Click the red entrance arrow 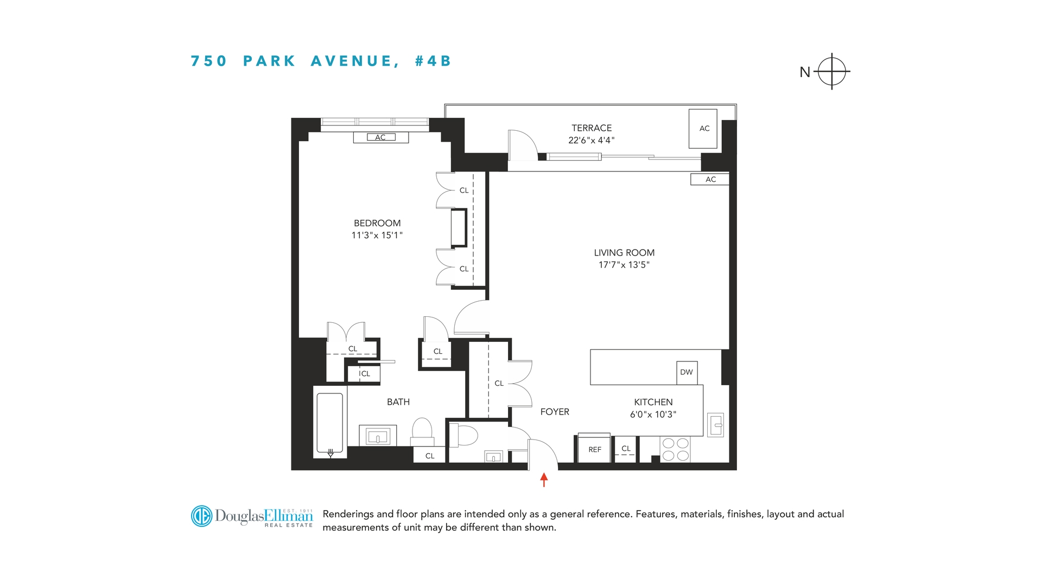544,480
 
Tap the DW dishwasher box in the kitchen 687,372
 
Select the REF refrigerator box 594,449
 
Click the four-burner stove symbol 675,450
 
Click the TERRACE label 591,128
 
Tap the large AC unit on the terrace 703,129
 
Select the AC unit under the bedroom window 381,137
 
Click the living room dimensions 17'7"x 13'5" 624,265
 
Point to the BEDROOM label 377,223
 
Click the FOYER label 555,412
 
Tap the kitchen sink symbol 715,425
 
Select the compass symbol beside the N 831,72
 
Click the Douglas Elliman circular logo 201,516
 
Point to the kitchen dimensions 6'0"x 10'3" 653,415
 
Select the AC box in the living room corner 710,179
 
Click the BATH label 398,402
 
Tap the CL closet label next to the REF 626,449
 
